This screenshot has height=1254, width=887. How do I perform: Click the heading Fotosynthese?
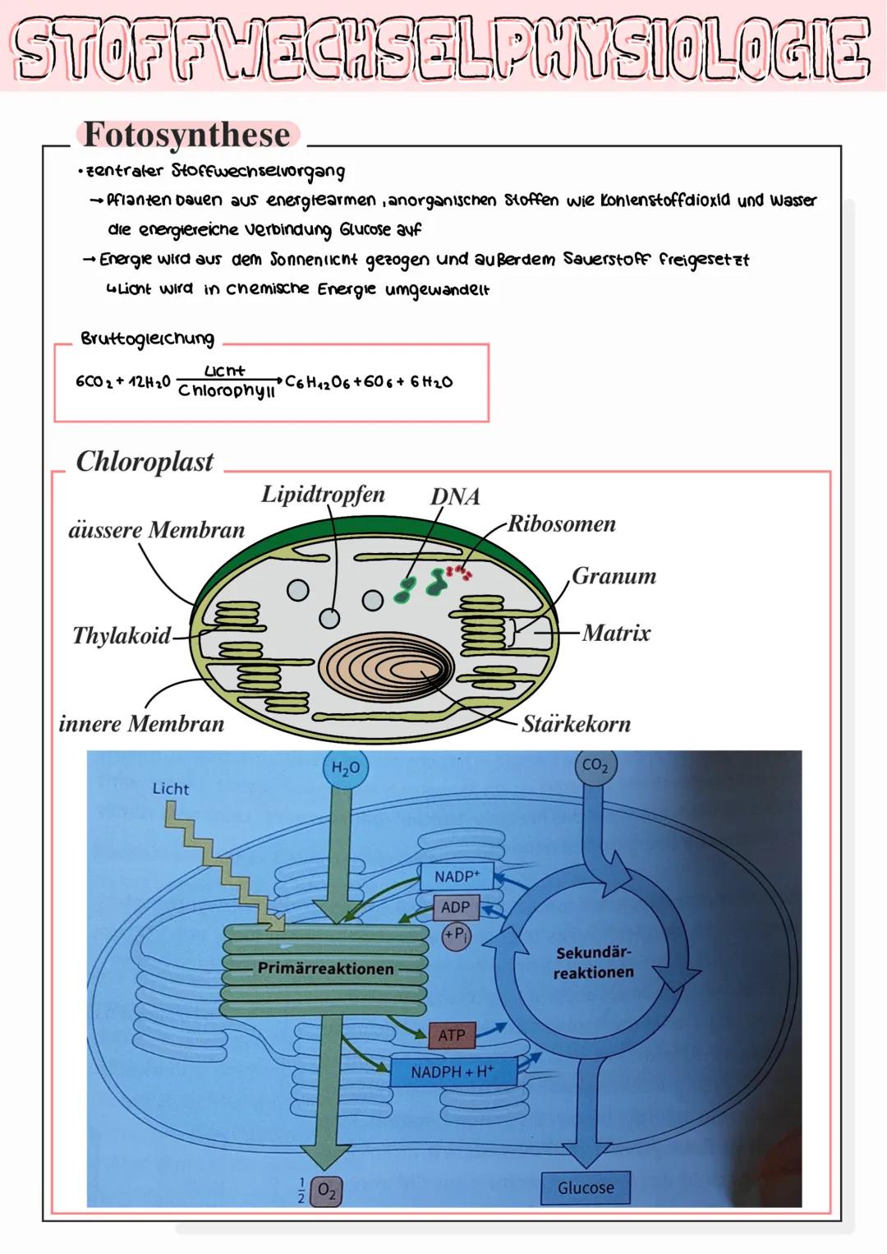tap(187, 135)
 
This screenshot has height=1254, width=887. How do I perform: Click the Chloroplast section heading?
tap(145, 461)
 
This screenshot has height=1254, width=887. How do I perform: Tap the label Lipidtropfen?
tap(323, 494)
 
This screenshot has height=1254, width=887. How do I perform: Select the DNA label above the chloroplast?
tap(455, 496)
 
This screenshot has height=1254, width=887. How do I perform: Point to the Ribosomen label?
tap(562, 523)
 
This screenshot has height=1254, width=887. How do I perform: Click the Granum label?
tap(614, 575)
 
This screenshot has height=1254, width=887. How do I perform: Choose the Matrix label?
tap(616, 633)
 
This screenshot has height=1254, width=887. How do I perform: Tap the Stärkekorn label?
tap(577, 724)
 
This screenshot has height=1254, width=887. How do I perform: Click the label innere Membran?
tap(141, 724)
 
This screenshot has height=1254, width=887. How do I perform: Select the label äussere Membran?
tap(156, 530)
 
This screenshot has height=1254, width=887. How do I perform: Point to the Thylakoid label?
tap(122, 635)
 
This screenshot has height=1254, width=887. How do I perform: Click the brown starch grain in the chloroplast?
tap(386, 666)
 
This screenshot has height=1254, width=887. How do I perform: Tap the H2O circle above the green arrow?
tap(345, 768)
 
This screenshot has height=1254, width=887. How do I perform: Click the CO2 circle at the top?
tap(595, 766)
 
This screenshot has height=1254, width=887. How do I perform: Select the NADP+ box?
tap(457, 877)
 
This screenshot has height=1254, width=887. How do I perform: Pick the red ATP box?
tap(451, 1035)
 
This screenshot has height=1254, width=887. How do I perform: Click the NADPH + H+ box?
tap(452, 1072)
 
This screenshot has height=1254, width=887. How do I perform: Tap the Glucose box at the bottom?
tap(586, 1187)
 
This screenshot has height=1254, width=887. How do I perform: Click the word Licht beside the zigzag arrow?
tap(171, 789)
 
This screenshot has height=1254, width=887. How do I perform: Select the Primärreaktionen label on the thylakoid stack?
tap(325, 968)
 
